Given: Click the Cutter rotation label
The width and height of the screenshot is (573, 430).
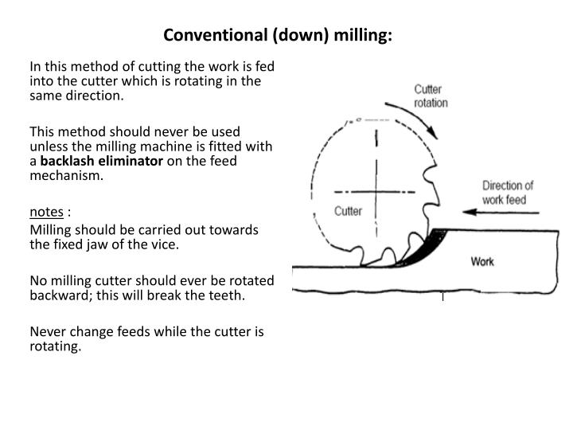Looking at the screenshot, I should click(x=431, y=96).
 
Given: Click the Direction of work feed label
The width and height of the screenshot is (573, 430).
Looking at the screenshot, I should click(x=508, y=193).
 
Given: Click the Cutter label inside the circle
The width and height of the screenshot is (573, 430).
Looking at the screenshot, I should click(x=348, y=211).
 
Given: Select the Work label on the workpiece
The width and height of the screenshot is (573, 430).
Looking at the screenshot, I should click(x=482, y=261).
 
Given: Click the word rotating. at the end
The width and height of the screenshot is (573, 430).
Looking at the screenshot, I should click(x=56, y=346).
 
